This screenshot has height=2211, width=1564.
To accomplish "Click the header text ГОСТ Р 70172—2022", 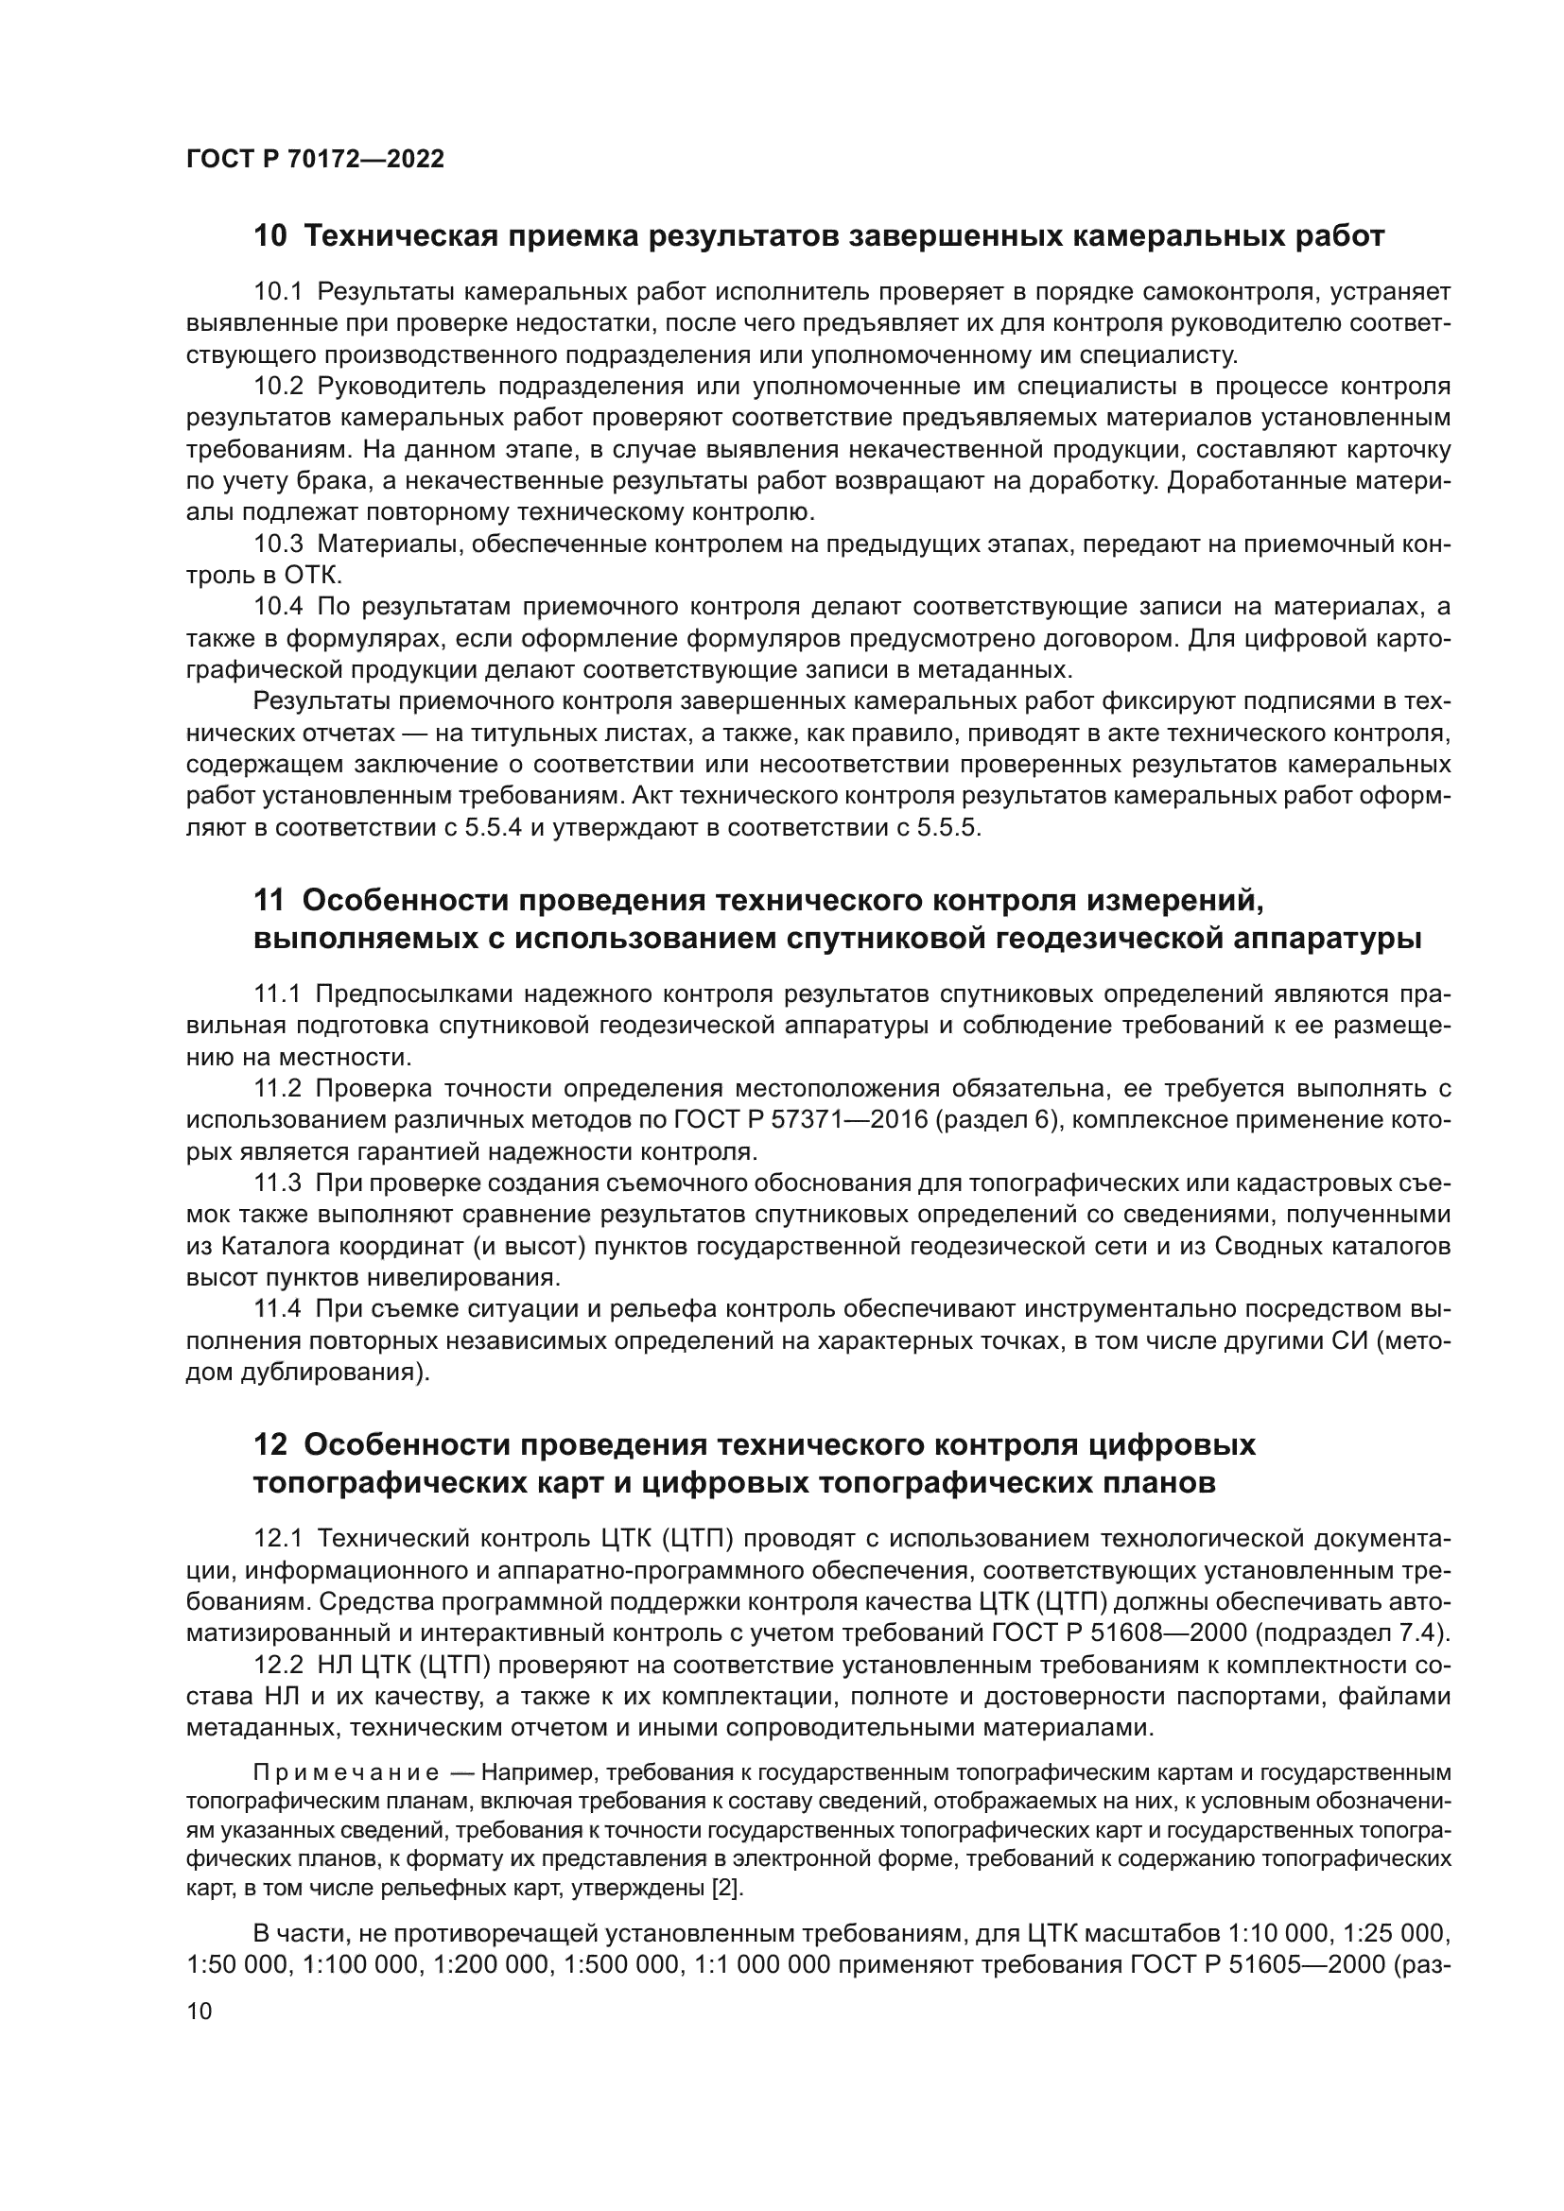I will click(x=315, y=160).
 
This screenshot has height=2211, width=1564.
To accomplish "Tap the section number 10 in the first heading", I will click(x=269, y=236).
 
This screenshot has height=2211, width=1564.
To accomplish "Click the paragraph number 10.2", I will click(x=278, y=388).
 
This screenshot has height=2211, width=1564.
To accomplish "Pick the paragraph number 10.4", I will click(x=278, y=607).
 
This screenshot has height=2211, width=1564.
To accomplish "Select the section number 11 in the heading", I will click(x=269, y=901).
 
